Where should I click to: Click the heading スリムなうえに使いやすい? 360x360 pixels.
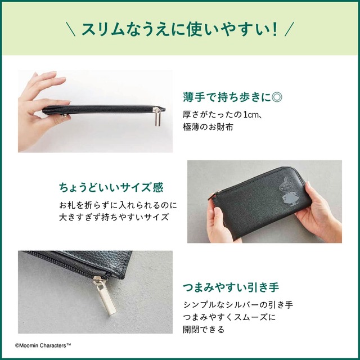179,29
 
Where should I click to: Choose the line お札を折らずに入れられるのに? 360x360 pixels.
118,204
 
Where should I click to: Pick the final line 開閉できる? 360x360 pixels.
204,330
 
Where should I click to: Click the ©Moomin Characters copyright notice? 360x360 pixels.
43,344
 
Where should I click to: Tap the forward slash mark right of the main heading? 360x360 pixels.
289,29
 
